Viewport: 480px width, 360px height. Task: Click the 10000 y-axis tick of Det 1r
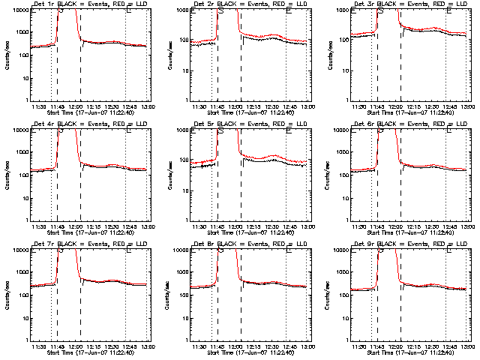pos(19,10)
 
